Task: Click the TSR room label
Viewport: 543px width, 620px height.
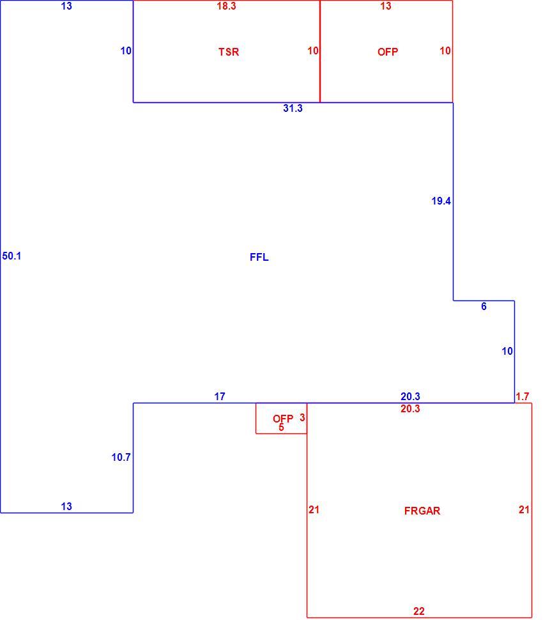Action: click(229, 52)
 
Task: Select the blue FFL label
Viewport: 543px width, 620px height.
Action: click(259, 257)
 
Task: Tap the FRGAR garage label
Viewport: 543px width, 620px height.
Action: click(422, 511)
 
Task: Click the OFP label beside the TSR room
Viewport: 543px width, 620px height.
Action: click(388, 52)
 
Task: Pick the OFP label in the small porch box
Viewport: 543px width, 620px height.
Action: click(283, 419)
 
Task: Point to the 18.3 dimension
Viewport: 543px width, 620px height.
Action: click(226, 6)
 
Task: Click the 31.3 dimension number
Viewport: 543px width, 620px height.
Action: click(293, 108)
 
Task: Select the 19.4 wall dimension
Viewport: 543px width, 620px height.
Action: click(441, 201)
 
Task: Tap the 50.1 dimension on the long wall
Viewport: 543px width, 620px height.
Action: click(12, 256)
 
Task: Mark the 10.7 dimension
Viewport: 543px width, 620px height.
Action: click(121, 457)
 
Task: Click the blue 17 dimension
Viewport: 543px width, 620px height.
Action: click(220, 396)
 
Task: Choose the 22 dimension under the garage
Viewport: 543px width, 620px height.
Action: click(419, 611)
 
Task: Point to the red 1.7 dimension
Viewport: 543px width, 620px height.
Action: click(523, 396)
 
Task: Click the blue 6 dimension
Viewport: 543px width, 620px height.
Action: click(484, 306)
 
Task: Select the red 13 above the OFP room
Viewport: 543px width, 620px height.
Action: click(386, 6)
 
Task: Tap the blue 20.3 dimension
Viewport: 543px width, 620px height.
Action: click(410, 396)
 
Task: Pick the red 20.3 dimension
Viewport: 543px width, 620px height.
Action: click(410, 408)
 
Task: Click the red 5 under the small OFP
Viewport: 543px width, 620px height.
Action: click(281, 428)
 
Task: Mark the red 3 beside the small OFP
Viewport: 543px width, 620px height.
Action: click(302, 417)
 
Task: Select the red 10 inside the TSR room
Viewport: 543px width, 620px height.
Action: click(313, 50)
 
